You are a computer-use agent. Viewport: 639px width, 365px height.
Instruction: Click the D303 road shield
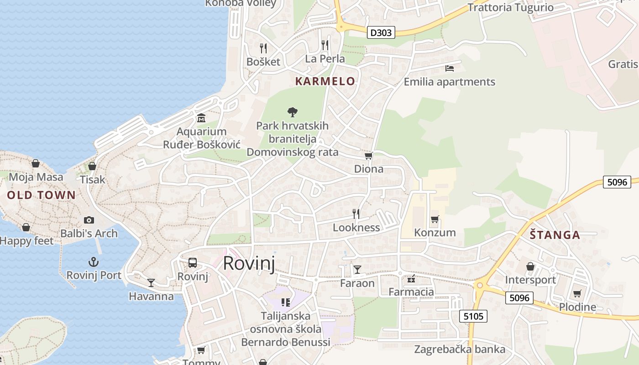pos(381,32)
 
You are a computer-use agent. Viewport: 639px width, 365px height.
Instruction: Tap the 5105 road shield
pos(473,316)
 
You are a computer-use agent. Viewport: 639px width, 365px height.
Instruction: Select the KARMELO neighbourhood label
pos(325,81)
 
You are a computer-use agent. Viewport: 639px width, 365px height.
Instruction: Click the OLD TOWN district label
pos(41,195)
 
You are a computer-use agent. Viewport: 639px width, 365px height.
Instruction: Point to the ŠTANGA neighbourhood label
pos(555,235)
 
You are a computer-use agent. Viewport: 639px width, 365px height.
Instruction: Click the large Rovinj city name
pos(249,264)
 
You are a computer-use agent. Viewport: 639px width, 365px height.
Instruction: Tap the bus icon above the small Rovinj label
pos(193,263)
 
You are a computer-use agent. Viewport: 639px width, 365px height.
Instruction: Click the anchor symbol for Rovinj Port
pos(94,262)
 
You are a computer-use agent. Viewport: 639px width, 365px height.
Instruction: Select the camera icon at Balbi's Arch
pos(89,220)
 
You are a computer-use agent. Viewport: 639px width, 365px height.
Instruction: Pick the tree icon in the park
pos(292,112)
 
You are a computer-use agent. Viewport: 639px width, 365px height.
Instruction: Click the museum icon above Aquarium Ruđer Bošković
pos(201,119)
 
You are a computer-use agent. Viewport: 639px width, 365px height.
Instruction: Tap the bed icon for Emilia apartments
pos(450,68)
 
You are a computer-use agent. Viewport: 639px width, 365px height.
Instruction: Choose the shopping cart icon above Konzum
pos(435,219)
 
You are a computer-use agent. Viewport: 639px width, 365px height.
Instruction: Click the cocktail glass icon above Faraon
pos(357,270)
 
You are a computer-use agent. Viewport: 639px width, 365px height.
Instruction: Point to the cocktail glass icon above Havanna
pos(151,283)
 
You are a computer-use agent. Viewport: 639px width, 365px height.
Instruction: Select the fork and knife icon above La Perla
pos(325,45)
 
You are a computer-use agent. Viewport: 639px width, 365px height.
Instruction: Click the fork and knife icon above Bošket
pos(263,48)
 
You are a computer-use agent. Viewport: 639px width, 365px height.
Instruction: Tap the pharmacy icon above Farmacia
pos(411,278)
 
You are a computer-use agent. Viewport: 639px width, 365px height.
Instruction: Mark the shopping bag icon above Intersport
pos(530,266)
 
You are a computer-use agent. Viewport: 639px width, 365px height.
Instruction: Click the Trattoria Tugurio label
pos(510,7)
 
